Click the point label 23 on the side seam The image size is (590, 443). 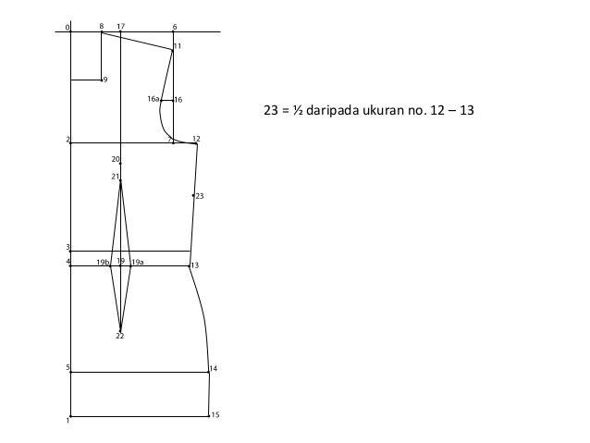(x=200, y=196)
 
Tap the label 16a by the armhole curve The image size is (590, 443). (x=154, y=99)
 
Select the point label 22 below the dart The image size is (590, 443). (x=120, y=336)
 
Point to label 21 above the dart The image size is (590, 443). (x=116, y=177)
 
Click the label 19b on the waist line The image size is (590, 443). (x=103, y=263)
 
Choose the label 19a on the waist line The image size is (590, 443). (x=138, y=262)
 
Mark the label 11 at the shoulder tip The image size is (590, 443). (x=178, y=46)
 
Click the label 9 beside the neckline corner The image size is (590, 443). (x=105, y=80)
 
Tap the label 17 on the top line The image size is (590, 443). (x=121, y=26)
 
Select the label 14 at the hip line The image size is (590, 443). (x=214, y=368)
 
